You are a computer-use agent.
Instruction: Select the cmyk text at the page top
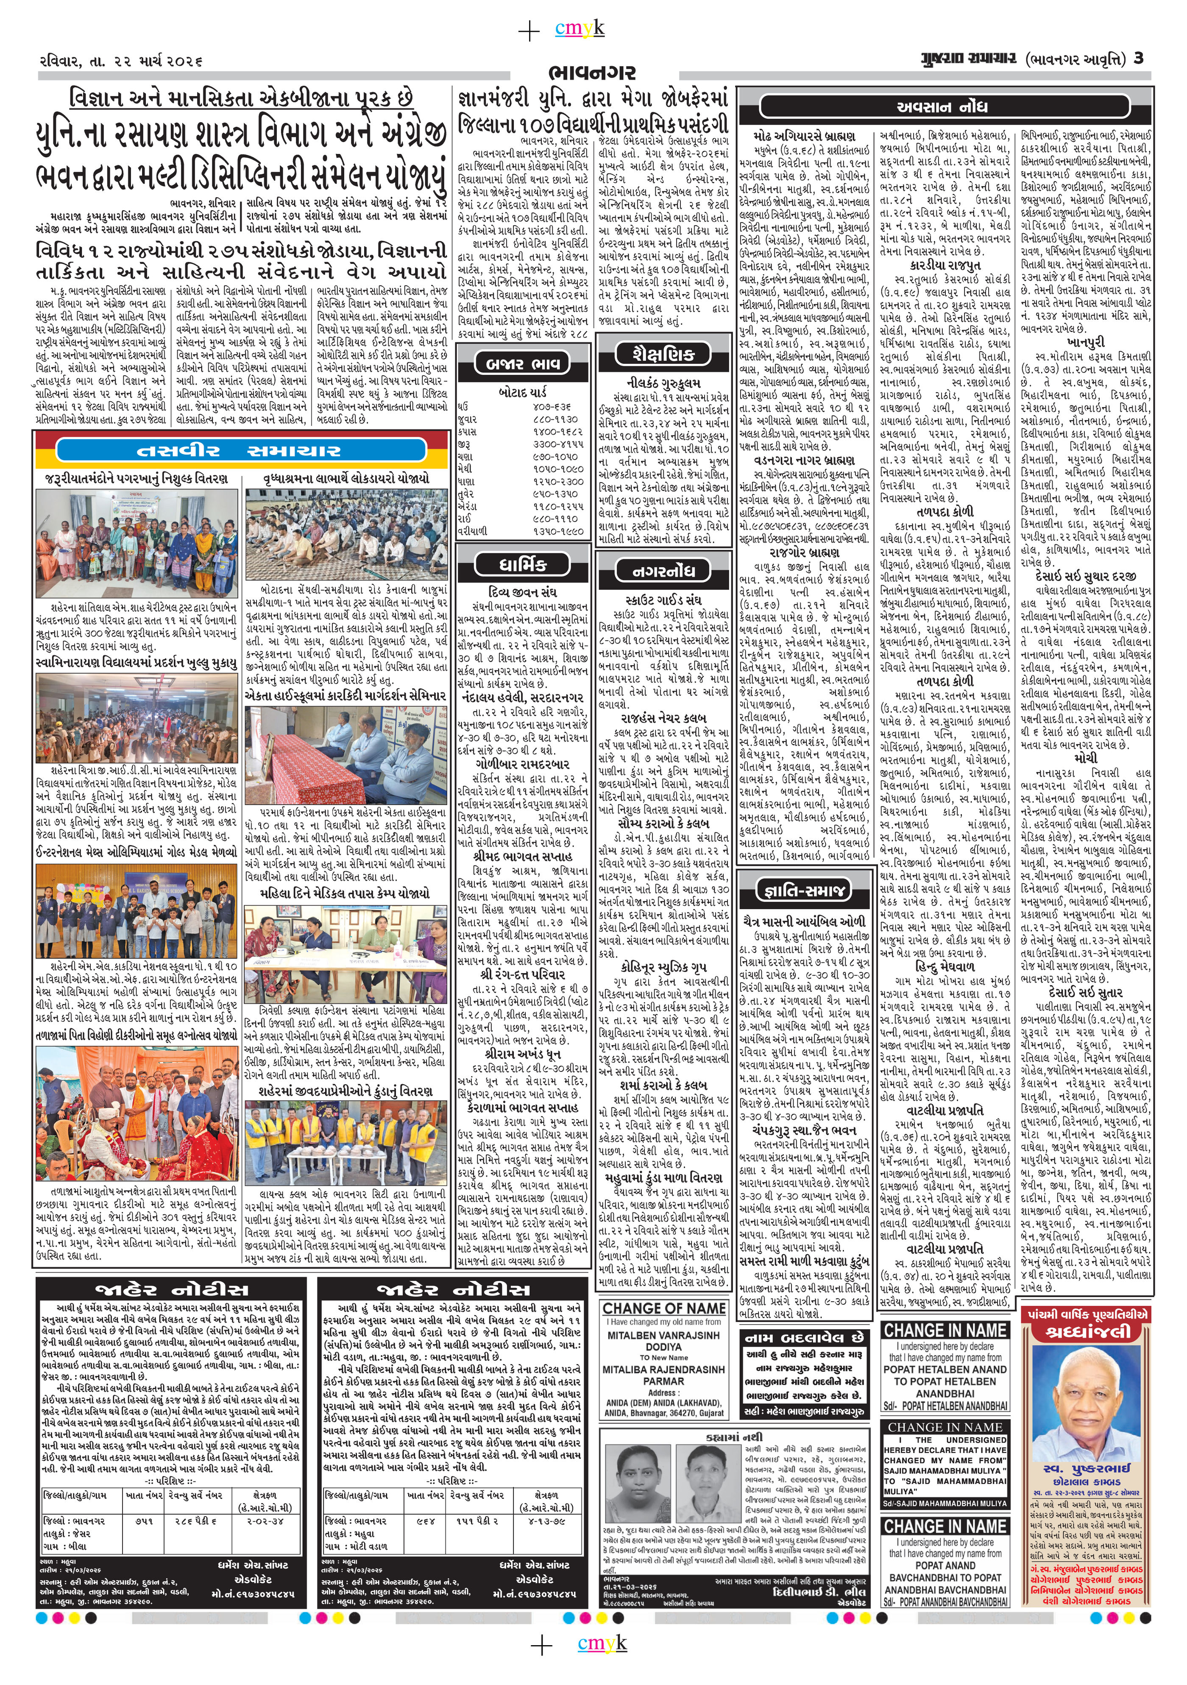tap(580, 29)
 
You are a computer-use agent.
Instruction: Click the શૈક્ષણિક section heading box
tap(663, 354)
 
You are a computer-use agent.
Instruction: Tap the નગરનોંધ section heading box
tap(663, 570)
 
